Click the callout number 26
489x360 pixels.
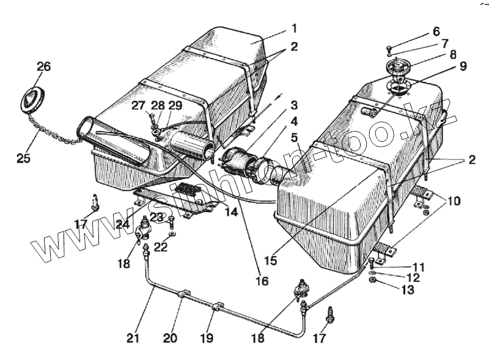coord(43,66)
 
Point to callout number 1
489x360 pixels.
coord(293,29)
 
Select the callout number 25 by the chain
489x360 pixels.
coord(23,158)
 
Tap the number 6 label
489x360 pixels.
coord(436,31)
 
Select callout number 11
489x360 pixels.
coord(417,268)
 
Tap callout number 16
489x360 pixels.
coord(262,282)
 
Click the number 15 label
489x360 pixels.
coord(270,260)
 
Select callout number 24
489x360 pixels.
coord(123,224)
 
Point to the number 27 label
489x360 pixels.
coord(139,105)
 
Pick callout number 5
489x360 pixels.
coord(294,138)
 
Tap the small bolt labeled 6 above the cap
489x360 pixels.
coord(389,48)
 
